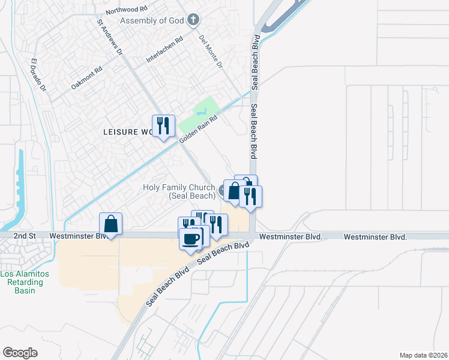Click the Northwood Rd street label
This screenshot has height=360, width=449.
pyautogui.click(x=126, y=11)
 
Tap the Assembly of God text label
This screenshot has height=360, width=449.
pyautogui.click(x=151, y=21)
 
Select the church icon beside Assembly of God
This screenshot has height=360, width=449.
pyautogui.click(x=193, y=20)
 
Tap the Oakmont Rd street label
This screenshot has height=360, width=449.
pyautogui.click(x=87, y=78)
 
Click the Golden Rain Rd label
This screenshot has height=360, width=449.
pyautogui.click(x=197, y=129)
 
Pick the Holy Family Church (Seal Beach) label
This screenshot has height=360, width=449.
pyautogui.click(x=179, y=191)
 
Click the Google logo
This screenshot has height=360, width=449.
pyautogui.click(x=20, y=353)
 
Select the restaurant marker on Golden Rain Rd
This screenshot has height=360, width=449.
pyautogui.click(x=163, y=126)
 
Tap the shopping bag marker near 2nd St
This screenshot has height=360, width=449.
pyautogui.click(x=111, y=224)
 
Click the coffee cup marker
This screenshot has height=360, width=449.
pyautogui.click(x=191, y=239)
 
